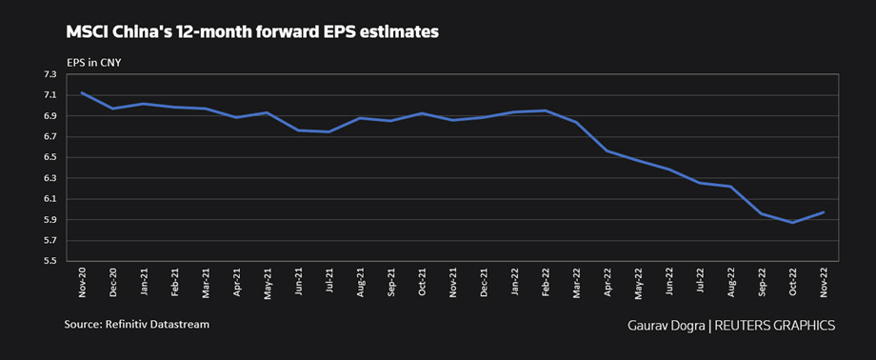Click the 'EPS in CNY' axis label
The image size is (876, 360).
93,63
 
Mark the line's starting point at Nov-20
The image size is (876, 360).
82,92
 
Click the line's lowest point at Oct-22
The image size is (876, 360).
792,222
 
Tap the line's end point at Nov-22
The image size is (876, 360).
824,212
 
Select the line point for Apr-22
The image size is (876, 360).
607,150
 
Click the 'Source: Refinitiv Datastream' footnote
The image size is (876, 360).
136,325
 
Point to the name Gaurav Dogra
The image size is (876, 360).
664,325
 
